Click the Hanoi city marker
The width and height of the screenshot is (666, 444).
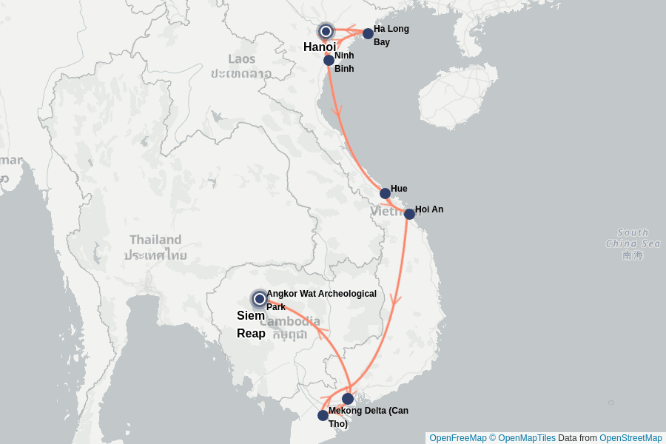326,31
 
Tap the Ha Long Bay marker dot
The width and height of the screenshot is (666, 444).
368,33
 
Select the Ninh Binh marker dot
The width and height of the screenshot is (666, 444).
329,60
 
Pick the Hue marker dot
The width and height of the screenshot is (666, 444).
385,193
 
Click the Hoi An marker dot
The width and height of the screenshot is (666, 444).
409,214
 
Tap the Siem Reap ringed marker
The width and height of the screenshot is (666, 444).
260,299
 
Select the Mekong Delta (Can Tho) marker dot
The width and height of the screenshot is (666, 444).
323,415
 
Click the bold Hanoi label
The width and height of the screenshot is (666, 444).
320,47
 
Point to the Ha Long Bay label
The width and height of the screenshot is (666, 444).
391,36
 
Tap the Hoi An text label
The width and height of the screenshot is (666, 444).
429,209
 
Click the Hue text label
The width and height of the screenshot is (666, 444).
399,189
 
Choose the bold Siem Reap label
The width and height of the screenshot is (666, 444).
251,324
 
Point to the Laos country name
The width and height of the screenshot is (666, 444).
241,59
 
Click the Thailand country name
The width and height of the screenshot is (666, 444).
155,240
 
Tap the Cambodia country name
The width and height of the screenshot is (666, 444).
289,321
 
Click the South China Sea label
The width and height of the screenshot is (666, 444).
633,238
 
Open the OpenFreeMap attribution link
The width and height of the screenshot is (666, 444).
457,438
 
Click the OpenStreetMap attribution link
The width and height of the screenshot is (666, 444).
630,438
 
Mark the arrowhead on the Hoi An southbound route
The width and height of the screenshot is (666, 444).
397,300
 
